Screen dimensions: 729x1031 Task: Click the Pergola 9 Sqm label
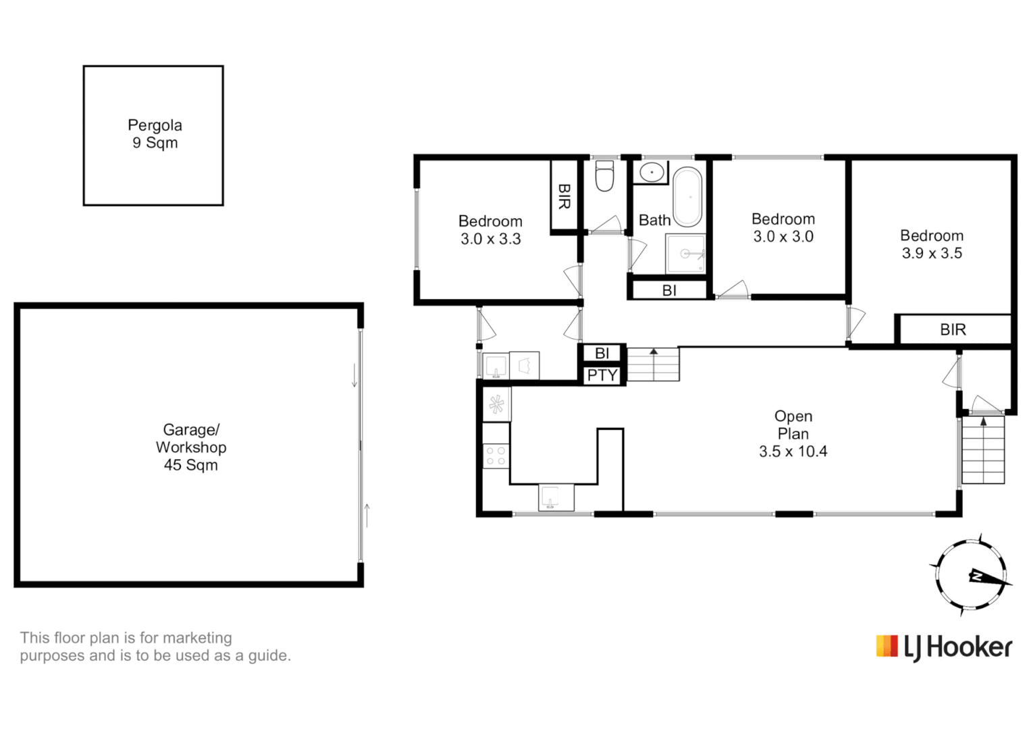click(x=155, y=134)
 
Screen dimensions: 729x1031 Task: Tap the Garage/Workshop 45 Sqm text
click(x=190, y=447)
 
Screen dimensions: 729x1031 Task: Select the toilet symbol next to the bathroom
click(x=604, y=176)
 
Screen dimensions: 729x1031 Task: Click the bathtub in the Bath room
click(x=688, y=196)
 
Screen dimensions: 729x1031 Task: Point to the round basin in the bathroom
click(x=652, y=172)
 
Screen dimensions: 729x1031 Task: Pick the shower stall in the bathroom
click(x=685, y=254)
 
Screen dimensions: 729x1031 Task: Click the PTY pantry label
click(x=602, y=375)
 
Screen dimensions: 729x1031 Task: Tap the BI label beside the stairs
click(x=602, y=353)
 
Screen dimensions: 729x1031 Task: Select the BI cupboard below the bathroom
click(x=669, y=290)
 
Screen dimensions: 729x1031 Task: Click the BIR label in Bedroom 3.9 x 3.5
click(x=953, y=329)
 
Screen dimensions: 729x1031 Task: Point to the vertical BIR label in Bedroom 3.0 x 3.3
click(x=564, y=196)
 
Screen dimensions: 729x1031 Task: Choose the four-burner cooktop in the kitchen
click(x=496, y=456)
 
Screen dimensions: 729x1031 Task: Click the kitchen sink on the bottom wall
click(x=556, y=497)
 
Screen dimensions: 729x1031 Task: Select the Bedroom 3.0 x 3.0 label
click(x=783, y=227)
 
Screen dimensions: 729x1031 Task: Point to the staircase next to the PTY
click(x=653, y=364)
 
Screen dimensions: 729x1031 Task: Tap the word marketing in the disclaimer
click(x=197, y=638)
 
